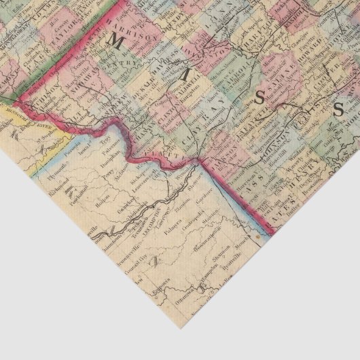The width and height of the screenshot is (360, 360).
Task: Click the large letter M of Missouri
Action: coord(113,43)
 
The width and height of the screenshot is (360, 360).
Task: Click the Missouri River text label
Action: coord(31,122)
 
